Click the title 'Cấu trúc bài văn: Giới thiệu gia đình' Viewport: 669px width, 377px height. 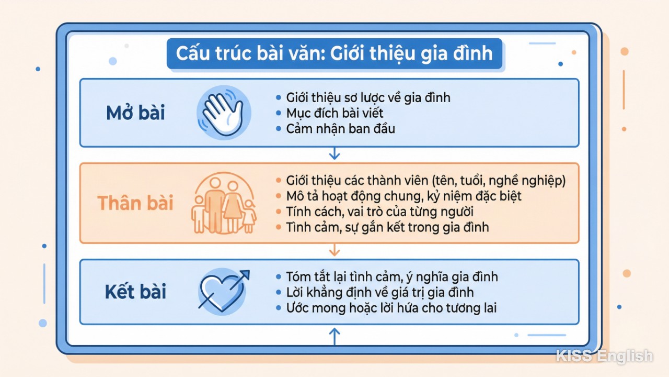click(x=334, y=54)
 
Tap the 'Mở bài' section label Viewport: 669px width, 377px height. click(x=135, y=113)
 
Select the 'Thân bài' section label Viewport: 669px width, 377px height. click(x=135, y=203)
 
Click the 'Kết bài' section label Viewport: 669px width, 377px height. click(x=135, y=292)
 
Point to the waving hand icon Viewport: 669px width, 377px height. click(x=223, y=113)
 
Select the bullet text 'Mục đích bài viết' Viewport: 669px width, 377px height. click(x=335, y=113)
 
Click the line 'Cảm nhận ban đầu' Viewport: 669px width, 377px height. click(x=340, y=128)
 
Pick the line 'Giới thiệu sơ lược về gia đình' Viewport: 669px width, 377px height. click(x=368, y=97)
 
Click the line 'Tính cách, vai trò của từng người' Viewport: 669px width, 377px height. click(x=379, y=212)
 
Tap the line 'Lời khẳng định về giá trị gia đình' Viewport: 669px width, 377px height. click(x=380, y=292)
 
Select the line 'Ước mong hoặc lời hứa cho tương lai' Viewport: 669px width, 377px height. click(x=391, y=307)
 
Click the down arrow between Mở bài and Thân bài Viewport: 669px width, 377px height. click(x=334, y=154)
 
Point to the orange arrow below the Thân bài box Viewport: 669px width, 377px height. click(x=334, y=251)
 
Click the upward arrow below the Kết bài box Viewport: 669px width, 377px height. click(x=334, y=336)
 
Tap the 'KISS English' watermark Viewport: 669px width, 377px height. click(x=604, y=356)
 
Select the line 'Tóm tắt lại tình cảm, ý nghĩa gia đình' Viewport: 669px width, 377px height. click(x=392, y=276)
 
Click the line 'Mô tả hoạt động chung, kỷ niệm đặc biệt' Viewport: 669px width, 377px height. click(x=403, y=196)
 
